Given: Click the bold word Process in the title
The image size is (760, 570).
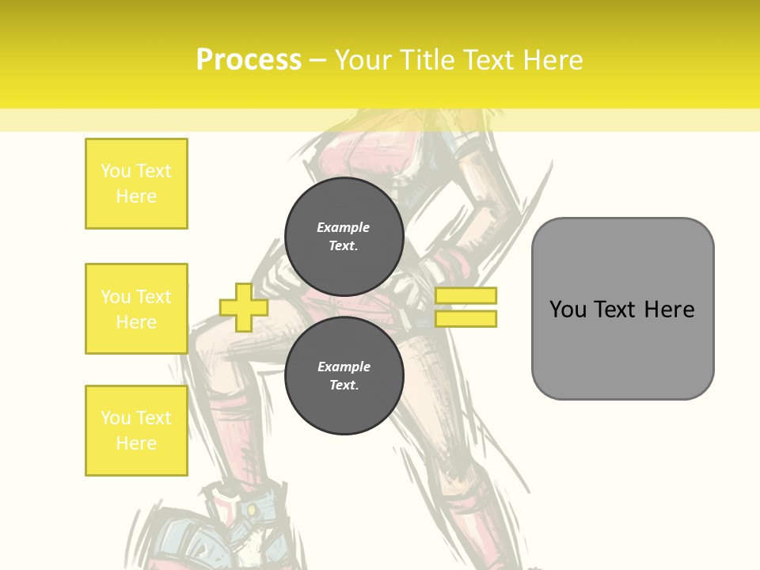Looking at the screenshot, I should (x=249, y=59).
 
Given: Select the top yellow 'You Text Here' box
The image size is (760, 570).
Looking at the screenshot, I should (x=136, y=184).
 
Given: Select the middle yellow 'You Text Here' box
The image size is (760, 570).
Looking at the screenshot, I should (x=136, y=309).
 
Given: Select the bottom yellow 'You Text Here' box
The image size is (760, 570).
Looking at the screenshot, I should (x=136, y=430).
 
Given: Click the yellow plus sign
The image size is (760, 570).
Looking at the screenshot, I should (x=244, y=307).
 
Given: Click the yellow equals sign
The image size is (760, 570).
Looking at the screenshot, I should (x=465, y=307).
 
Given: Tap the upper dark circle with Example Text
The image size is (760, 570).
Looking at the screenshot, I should (x=344, y=237).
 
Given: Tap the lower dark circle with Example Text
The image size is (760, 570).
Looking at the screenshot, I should (x=344, y=376).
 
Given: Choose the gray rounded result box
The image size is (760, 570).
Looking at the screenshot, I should (x=622, y=308).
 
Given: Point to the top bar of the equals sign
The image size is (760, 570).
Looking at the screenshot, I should (x=465, y=296).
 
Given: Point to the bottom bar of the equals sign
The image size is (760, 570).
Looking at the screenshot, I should (x=465, y=318).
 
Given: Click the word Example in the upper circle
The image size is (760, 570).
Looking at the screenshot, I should (x=344, y=227).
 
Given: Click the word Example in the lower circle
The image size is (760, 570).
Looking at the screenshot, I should (x=344, y=367).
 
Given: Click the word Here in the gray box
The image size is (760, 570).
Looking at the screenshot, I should (x=670, y=309).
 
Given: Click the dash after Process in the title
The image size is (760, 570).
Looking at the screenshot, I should (x=317, y=60).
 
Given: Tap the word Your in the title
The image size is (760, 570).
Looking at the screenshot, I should (x=360, y=59).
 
